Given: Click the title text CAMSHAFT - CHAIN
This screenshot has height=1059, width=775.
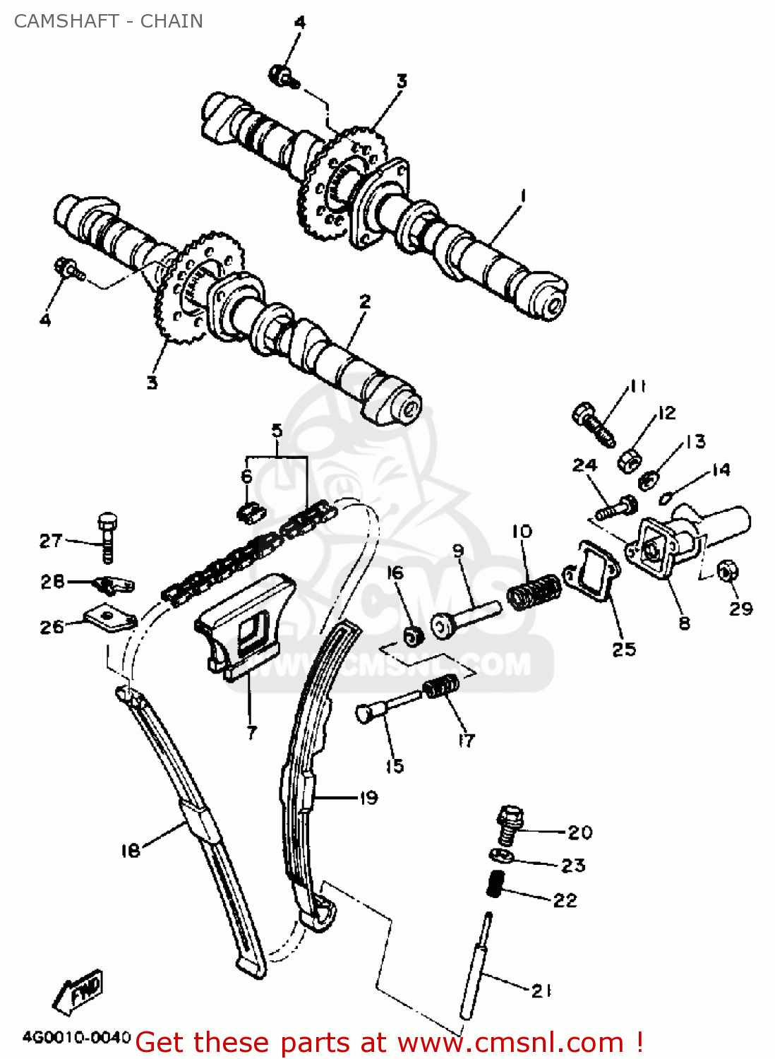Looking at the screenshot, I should pyautogui.click(x=108, y=21).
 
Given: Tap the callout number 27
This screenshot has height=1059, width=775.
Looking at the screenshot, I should pyautogui.click(x=51, y=541).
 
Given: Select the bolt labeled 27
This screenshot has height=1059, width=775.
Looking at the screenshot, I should pyautogui.click(x=107, y=537).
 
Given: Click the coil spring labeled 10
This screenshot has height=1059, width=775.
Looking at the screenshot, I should pyautogui.click(x=534, y=592).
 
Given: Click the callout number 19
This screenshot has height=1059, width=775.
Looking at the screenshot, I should pyautogui.click(x=368, y=798).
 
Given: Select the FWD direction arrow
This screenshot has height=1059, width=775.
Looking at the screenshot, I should pyautogui.click(x=78, y=992).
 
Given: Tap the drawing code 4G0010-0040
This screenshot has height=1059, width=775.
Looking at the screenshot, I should pyautogui.click(x=76, y=1037).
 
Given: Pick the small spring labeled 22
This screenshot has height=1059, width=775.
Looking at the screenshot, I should pyautogui.click(x=497, y=883).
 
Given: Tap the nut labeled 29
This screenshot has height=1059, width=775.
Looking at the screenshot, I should pyautogui.click(x=726, y=570).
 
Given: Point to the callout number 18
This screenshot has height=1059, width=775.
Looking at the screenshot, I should pyautogui.click(x=131, y=850).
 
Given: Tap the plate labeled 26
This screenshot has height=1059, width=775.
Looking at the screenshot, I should pyautogui.click(x=109, y=618).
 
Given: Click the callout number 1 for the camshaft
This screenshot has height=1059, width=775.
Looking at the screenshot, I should pyautogui.click(x=523, y=196).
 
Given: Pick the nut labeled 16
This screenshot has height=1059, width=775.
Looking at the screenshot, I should pyautogui.click(x=413, y=636).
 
